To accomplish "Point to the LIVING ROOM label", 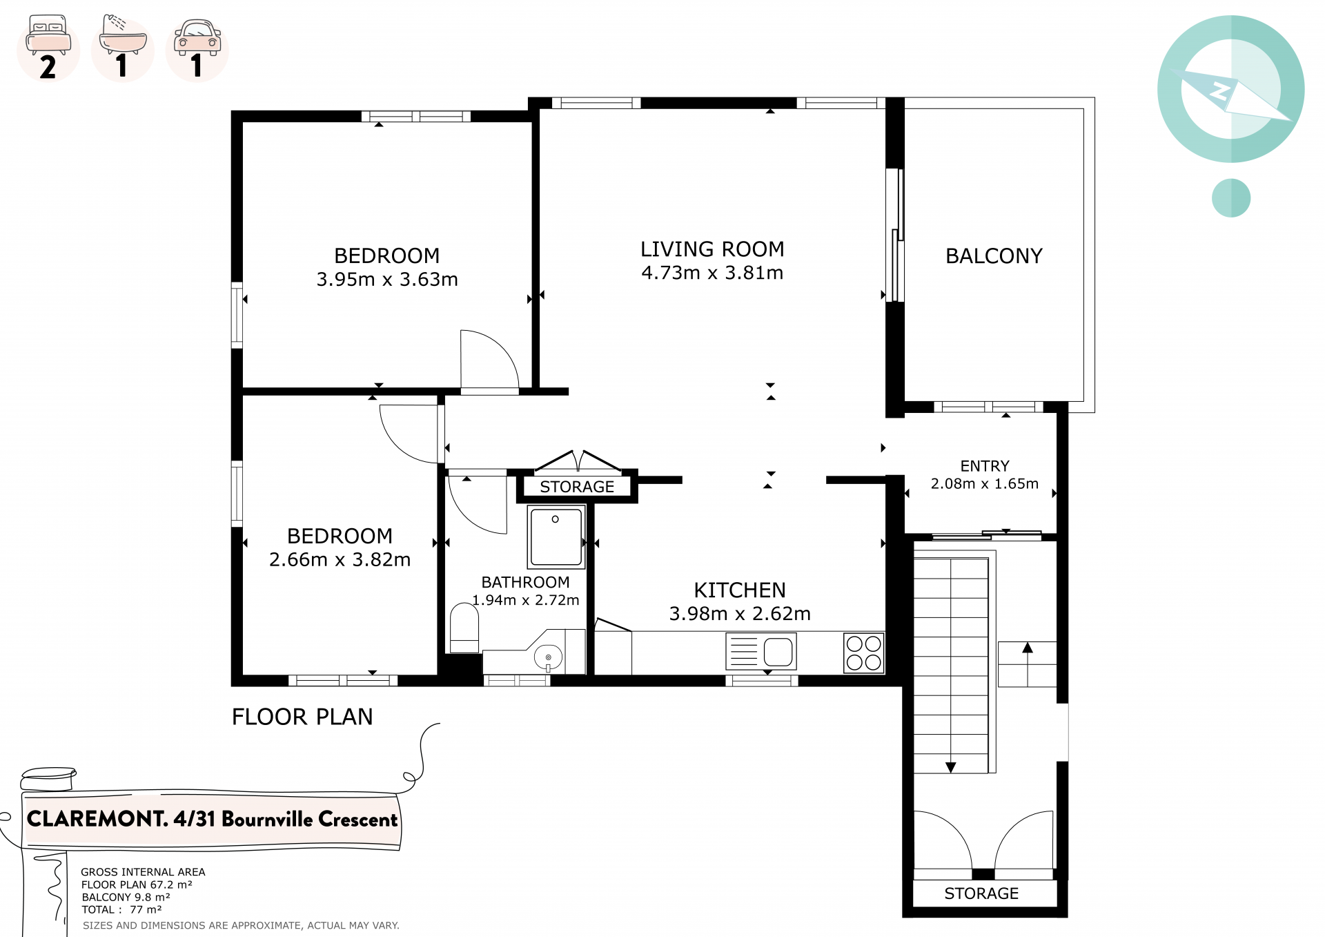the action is click(712, 249).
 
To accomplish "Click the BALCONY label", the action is click(994, 256).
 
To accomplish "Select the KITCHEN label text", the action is click(740, 590).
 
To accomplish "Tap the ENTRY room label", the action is click(985, 466).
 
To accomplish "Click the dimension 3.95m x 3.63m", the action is click(387, 280).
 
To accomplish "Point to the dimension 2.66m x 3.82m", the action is click(340, 560).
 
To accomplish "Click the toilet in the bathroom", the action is click(464, 628).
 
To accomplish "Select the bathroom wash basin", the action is click(548, 657).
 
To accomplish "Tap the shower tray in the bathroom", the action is click(556, 536).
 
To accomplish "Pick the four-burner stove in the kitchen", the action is click(864, 653).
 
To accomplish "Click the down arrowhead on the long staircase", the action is click(950, 768).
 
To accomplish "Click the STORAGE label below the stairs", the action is click(981, 893).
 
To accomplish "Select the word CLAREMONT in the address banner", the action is click(97, 819).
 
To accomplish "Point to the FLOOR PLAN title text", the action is click(302, 717).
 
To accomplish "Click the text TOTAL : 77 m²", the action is click(121, 910).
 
